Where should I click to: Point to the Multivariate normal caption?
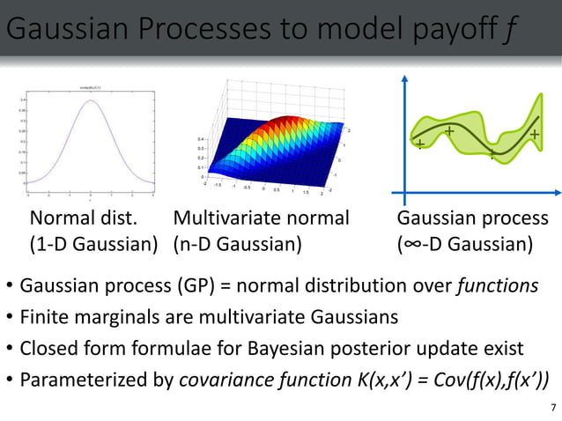click(x=262, y=218)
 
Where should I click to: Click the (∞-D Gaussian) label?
click(x=465, y=243)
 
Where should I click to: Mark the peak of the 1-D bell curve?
click(x=91, y=99)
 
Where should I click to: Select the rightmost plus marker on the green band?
click(x=535, y=134)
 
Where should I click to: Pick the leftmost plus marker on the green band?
click(x=420, y=143)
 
